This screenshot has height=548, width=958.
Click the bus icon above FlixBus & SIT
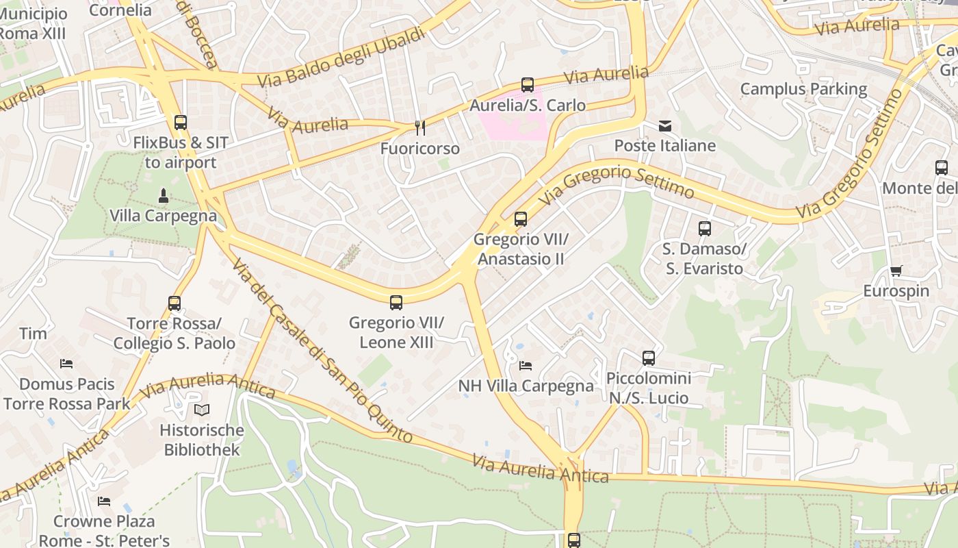tap(180, 123)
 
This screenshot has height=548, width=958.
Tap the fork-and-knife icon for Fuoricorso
tap(420, 128)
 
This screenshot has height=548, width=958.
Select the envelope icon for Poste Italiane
tap(664, 126)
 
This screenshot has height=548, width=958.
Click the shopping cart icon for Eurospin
tap(896, 271)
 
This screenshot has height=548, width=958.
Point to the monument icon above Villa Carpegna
tap(163, 196)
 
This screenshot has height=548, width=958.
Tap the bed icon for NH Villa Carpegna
tap(526, 365)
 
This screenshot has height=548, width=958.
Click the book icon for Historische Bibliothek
tap(201, 410)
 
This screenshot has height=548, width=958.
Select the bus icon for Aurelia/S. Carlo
tap(527, 85)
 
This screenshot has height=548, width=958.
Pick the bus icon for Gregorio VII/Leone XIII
tap(396, 302)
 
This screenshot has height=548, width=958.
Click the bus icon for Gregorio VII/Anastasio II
tap(520, 219)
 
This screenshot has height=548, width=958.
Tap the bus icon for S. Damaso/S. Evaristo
tap(704, 229)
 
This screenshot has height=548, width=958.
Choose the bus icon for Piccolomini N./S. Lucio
tap(648, 358)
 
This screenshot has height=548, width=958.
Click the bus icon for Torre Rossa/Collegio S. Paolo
tap(174, 303)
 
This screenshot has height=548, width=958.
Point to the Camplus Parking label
tap(803, 89)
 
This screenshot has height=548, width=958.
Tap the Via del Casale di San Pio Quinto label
tap(322, 349)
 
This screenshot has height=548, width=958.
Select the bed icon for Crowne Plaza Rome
tap(103, 501)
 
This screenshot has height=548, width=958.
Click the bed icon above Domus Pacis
tap(66, 363)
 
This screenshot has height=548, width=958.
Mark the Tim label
tap(33, 334)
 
